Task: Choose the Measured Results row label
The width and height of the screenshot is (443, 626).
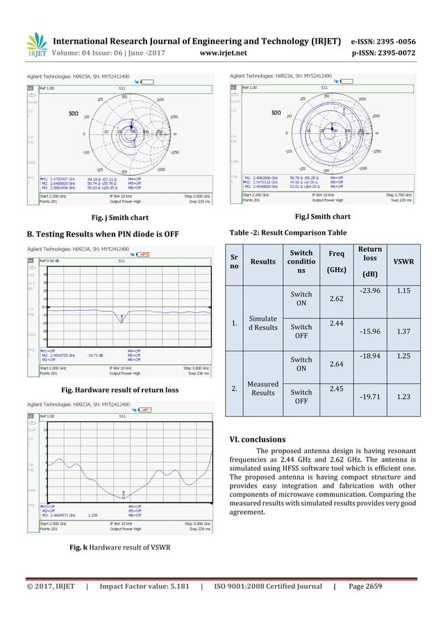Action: [x=267, y=387]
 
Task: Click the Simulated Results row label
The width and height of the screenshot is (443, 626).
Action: [x=267, y=323]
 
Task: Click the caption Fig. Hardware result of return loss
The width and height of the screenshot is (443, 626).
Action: [x=122, y=390]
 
